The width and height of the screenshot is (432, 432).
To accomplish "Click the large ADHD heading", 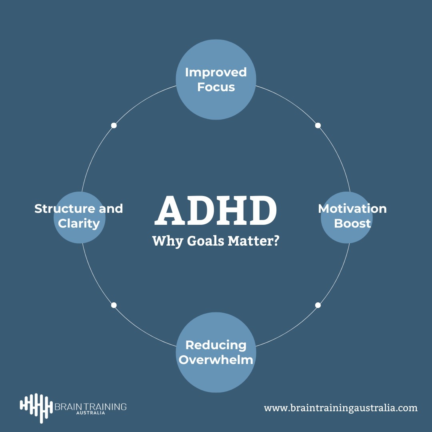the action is click(x=216, y=211).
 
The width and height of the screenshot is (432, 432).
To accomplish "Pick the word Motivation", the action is click(x=352, y=209).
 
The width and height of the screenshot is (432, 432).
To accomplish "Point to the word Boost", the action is click(x=352, y=223).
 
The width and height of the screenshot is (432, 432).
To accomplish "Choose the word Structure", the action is click(x=64, y=209).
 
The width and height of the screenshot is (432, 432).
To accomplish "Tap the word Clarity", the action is click(x=79, y=223).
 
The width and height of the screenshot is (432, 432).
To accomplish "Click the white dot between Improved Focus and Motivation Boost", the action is click(x=318, y=125).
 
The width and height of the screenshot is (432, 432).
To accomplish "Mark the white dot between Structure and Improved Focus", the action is click(x=114, y=125).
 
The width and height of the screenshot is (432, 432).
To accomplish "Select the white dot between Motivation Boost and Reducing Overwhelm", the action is click(x=318, y=305).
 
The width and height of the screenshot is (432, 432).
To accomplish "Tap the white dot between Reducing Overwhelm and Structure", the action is click(x=114, y=305).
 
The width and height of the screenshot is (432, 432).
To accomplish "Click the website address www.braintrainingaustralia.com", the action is click(x=340, y=408).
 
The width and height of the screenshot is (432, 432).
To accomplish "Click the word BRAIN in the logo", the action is click(x=68, y=407).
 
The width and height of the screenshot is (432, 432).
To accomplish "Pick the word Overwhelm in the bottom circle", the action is click(x=216, y=360).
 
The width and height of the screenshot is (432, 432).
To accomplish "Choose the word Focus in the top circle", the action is click(x=216, y=87).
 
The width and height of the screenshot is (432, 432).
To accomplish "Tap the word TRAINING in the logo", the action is click(x=104, y=407).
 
